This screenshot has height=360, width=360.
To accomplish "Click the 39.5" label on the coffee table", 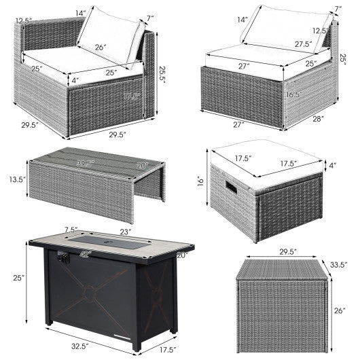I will tap(86, 164).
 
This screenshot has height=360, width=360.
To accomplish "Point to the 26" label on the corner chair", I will tap(100, 48).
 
